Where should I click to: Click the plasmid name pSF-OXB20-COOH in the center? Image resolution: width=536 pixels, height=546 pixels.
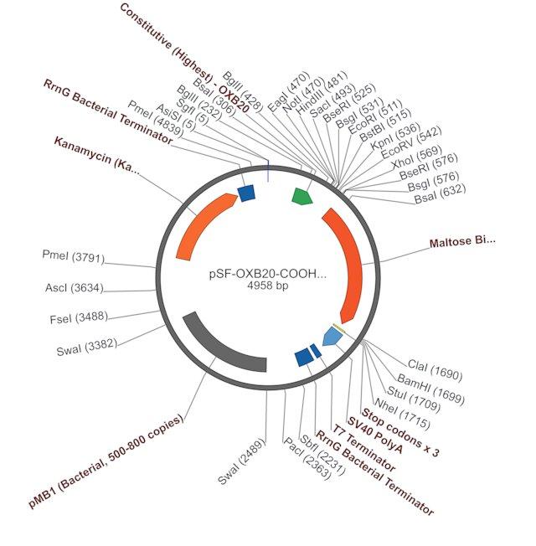coord(268,274)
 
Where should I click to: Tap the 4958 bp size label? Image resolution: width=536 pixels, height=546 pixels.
coord(268,286)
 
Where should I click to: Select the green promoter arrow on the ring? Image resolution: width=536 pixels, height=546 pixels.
coord(302,196)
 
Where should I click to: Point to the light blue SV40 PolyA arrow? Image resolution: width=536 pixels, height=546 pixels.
coord(332,337)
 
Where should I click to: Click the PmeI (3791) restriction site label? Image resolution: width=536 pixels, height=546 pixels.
coord(73,256)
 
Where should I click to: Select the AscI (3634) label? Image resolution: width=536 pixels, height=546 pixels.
coord(75,288)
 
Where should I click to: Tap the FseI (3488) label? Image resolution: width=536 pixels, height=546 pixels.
coord(79,318)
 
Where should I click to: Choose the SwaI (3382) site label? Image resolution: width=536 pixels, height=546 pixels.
coord(87,348)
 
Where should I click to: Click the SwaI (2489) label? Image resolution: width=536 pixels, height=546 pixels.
coord(241,461)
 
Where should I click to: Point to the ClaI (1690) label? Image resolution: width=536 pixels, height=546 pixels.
coord(435,370)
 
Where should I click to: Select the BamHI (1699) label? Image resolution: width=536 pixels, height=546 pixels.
coord(430,389)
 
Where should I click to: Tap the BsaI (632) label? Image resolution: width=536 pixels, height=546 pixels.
coord(440,193)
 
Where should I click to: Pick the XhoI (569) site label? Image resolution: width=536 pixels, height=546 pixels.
coord(416,157)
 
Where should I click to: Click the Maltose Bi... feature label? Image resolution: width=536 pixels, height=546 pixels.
coord(462,241)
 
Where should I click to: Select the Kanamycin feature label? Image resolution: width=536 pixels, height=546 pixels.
coord(96,156)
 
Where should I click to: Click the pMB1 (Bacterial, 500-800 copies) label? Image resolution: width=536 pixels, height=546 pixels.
coord(106,461)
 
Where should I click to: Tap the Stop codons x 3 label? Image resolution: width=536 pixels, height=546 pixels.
coord(400,432)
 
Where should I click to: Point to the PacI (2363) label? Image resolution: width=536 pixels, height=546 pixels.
coord(307,458)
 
